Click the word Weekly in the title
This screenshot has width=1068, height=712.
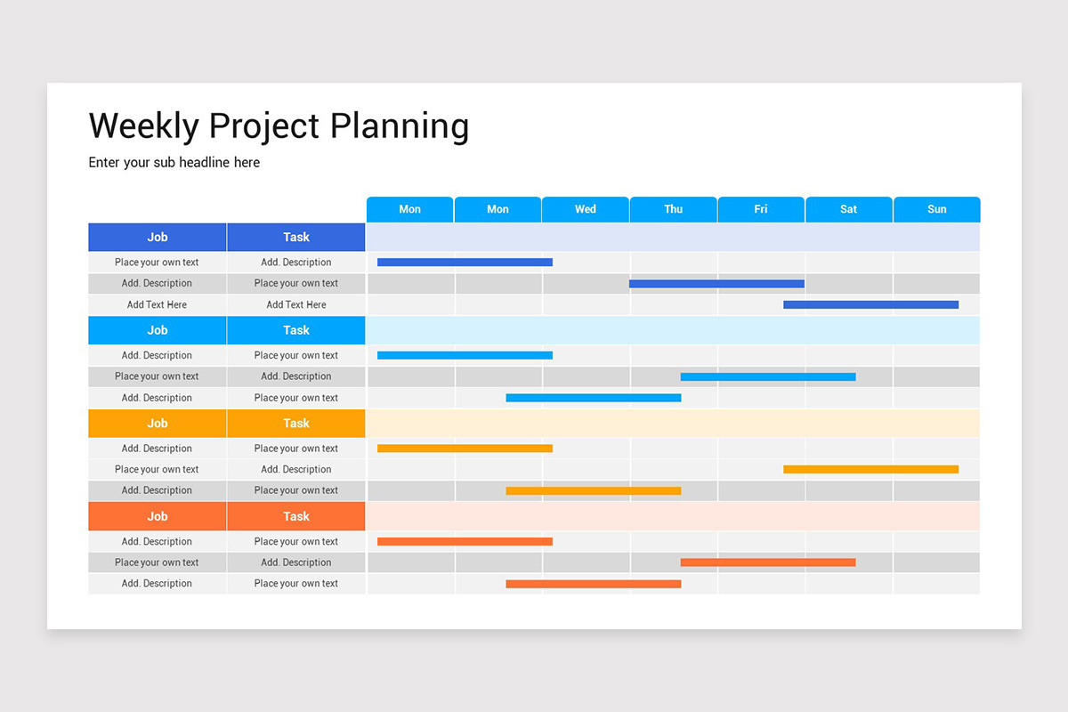coord(143,126)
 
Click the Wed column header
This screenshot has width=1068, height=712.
coord(586,209)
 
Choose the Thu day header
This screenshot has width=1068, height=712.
coord(673,209)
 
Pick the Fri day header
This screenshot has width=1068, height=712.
coord(761,209)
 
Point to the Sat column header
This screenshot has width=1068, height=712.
coord(848,209)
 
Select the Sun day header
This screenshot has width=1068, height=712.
coord(936,209)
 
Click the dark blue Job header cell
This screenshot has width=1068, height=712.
coord(158,238)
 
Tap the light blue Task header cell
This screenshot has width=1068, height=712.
coord(296,330)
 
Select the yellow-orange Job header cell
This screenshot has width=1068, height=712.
coord(158,424)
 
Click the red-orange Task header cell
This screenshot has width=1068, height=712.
coord(296,516)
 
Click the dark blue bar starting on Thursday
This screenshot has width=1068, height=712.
coord(716,284)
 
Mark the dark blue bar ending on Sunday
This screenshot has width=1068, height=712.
coord(870,304)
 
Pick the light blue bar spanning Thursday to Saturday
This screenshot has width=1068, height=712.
coord(768,376)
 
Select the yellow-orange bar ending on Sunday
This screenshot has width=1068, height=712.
coord(870,469)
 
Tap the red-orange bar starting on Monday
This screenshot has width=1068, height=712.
coord(465,541)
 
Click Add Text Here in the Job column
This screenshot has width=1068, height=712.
coord(158,304)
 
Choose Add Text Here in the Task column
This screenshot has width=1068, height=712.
coord(296,304)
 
